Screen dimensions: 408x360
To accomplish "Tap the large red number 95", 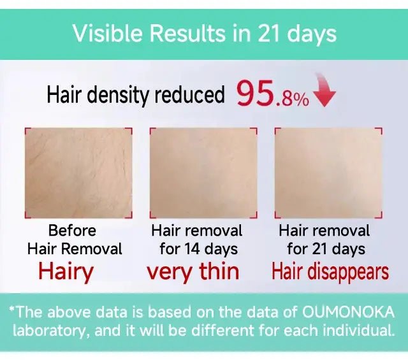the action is point(255,94).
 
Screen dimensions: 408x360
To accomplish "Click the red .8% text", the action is point(292,99).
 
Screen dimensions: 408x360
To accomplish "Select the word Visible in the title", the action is point(108,34).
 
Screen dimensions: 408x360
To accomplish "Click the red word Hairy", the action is point(66,272).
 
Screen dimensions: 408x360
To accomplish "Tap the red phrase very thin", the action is point(193,272).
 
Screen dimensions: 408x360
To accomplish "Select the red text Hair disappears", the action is point(330,272).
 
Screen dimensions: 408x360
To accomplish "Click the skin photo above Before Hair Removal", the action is point(78,173).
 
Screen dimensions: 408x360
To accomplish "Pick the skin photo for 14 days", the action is point(203,173).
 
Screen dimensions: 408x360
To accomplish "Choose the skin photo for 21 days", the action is point(328,173).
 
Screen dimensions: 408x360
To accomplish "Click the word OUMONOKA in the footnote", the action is point(349,312).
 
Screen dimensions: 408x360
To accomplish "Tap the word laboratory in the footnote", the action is point(48,331).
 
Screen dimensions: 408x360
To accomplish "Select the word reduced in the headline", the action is point(189,94).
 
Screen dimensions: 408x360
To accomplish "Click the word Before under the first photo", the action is point(72,231).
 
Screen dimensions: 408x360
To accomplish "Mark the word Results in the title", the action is point(188,34).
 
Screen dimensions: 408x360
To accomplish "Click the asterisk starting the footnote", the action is point(11,309).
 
